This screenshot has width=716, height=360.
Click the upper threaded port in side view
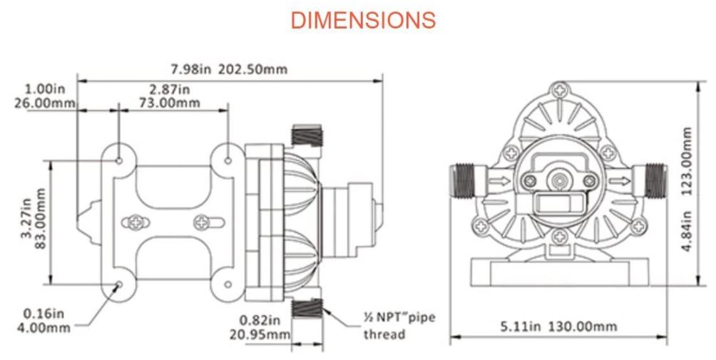[307, 135]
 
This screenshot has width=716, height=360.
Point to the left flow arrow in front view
[503, 182]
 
